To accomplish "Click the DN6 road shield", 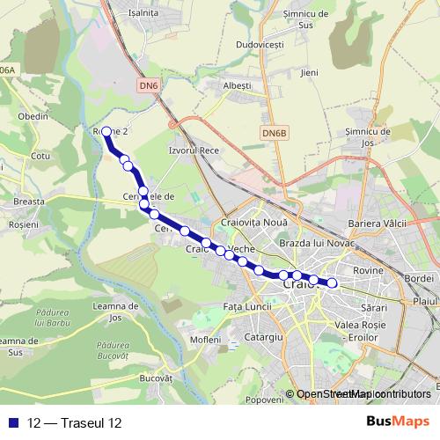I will (x=149, y=85).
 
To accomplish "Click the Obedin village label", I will (x=33, y=115).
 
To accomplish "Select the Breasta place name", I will (x=29, y=202).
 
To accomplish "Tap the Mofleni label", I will (x=205, y=339).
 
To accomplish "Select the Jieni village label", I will (x=309, y=72).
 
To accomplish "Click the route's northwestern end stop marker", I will (x=107, y=132).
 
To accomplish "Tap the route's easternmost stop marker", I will (x=333, y=282).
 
